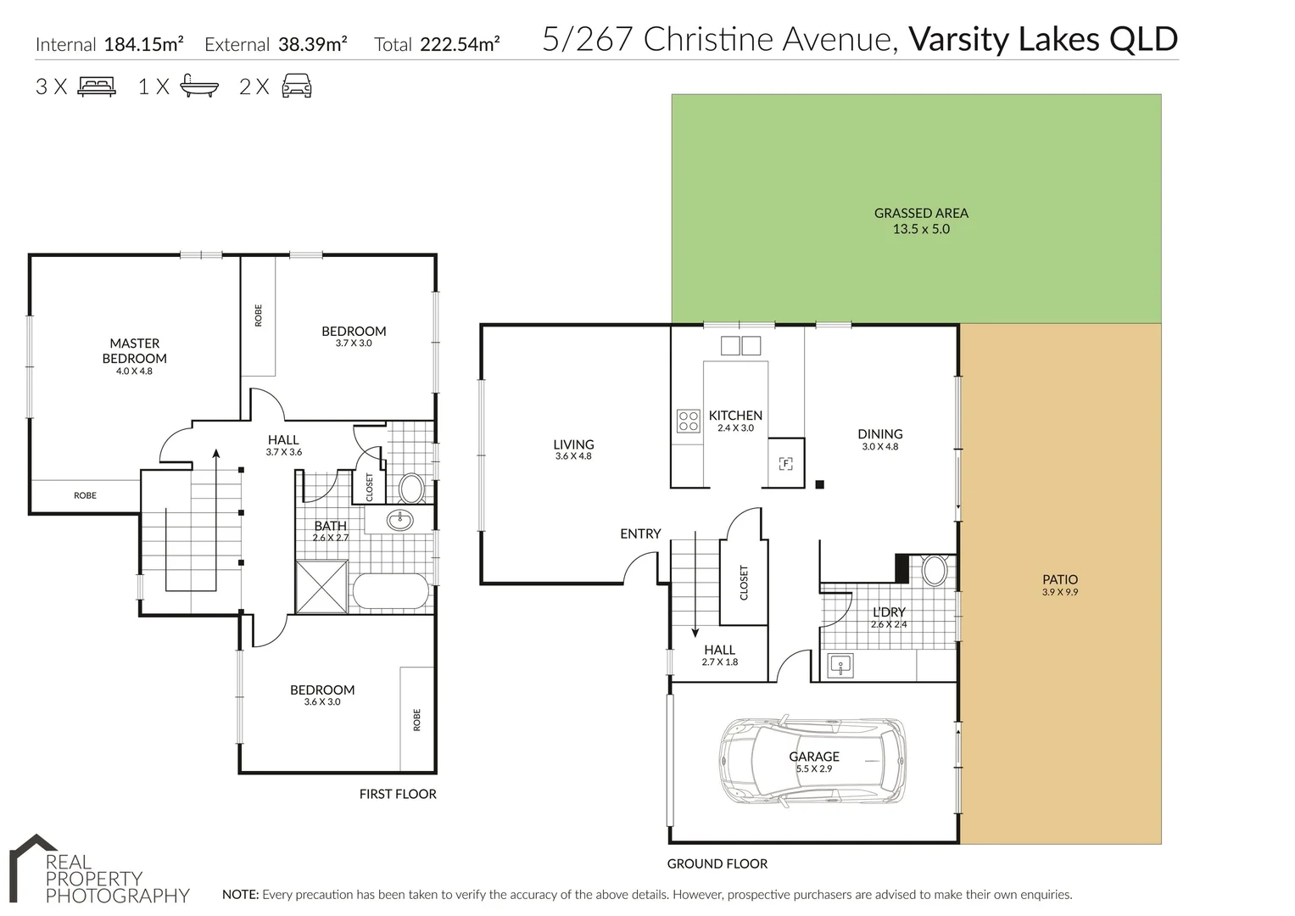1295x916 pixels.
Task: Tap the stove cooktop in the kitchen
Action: (x=688, y=422)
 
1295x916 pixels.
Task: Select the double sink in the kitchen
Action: (x=740, y=345)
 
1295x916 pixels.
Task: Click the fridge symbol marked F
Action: (x=785, y=463)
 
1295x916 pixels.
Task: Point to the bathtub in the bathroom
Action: (x=390, y=592)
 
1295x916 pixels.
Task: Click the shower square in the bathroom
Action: (x=321, y=585)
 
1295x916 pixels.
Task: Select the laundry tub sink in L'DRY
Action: (x=840, y=666)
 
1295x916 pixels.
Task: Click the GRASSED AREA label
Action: (x=921, y=214)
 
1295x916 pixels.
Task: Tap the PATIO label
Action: (x=1059, y=580)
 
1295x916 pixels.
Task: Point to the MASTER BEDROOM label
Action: (x=135, y=351)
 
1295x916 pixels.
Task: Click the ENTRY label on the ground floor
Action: (x=640, y=533)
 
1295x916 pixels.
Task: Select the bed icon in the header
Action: (x=97, y=87)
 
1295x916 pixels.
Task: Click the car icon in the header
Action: (x=297, y=87)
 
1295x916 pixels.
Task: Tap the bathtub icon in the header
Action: (x=199, y=87)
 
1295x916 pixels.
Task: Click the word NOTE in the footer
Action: (x=240, y=894)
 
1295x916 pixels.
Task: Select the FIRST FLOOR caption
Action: (x=398, y=794)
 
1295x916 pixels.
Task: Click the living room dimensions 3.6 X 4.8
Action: (x=573, y=456)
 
